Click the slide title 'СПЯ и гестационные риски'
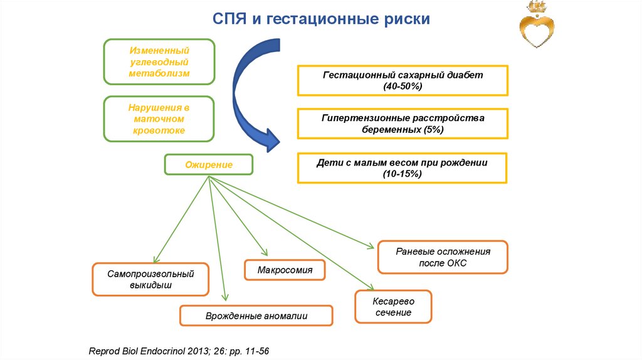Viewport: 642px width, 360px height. coord(320,19)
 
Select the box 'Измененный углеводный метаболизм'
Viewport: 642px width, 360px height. coord(159,61)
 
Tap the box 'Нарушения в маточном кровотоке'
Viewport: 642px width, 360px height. coord(159,119)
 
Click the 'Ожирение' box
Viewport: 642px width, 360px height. coord(208,165)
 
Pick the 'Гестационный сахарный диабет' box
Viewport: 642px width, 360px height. coord(402,80)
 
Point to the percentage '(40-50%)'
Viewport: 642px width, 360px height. coord(402,86)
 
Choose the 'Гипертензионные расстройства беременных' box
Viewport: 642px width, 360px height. coord(402,124)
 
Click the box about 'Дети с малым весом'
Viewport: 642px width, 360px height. coord(402,167)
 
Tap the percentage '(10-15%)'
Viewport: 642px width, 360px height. coord(402,174)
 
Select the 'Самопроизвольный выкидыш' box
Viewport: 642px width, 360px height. coord(150,279)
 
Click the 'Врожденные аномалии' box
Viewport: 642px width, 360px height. coord(256,316)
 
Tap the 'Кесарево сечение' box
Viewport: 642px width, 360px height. coord(393,307)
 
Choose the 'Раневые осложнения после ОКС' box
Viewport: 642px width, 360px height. coord(443,257)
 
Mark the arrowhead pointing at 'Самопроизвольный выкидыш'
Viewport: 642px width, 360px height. coord(155,259)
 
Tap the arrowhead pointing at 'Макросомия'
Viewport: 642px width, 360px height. coord(263,251)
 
